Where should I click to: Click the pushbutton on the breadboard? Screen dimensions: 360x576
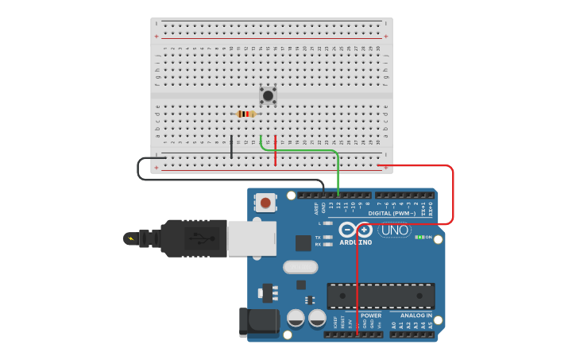(x=268, y=95)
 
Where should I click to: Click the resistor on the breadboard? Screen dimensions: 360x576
(x=246, y=114)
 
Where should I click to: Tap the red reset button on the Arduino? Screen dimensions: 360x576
(x=265, y=203)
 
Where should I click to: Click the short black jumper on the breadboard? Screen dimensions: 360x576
(x=231, y=146)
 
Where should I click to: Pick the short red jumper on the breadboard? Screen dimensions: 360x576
(x=275, y=150)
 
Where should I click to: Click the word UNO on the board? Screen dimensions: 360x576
(x=394, y=230)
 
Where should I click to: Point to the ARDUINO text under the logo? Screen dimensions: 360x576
(x=355, y=242)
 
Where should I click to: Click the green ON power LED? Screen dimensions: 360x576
(x=419, y=237)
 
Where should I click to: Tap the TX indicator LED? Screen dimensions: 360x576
(x=327, y=237)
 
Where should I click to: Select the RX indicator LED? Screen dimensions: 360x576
(x=327, y=244)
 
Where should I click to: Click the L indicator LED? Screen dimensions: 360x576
(x=327, y=223)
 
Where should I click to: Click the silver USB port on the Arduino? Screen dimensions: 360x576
(x=251, y=238)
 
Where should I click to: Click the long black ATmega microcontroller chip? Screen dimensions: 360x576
(x=381, y=296)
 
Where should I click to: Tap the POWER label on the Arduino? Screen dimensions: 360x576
(x=371, y=315)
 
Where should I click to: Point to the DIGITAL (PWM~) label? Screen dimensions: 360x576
(x=392, y=213)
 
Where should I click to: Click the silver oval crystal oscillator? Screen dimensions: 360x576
(x=300, y=267)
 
